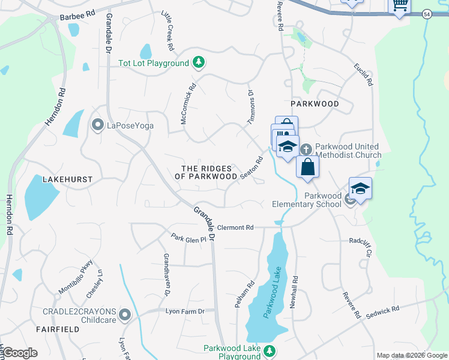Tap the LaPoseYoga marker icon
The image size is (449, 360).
[97, 125]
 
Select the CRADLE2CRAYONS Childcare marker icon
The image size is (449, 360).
[125, 314]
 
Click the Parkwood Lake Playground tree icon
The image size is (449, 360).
[270, 350]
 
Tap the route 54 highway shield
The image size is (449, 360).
[426, 14]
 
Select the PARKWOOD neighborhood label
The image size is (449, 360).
[315, 104]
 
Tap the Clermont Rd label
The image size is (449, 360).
[236, 227]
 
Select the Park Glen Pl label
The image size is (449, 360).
[188, 238]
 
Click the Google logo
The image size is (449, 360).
[19, 353]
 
